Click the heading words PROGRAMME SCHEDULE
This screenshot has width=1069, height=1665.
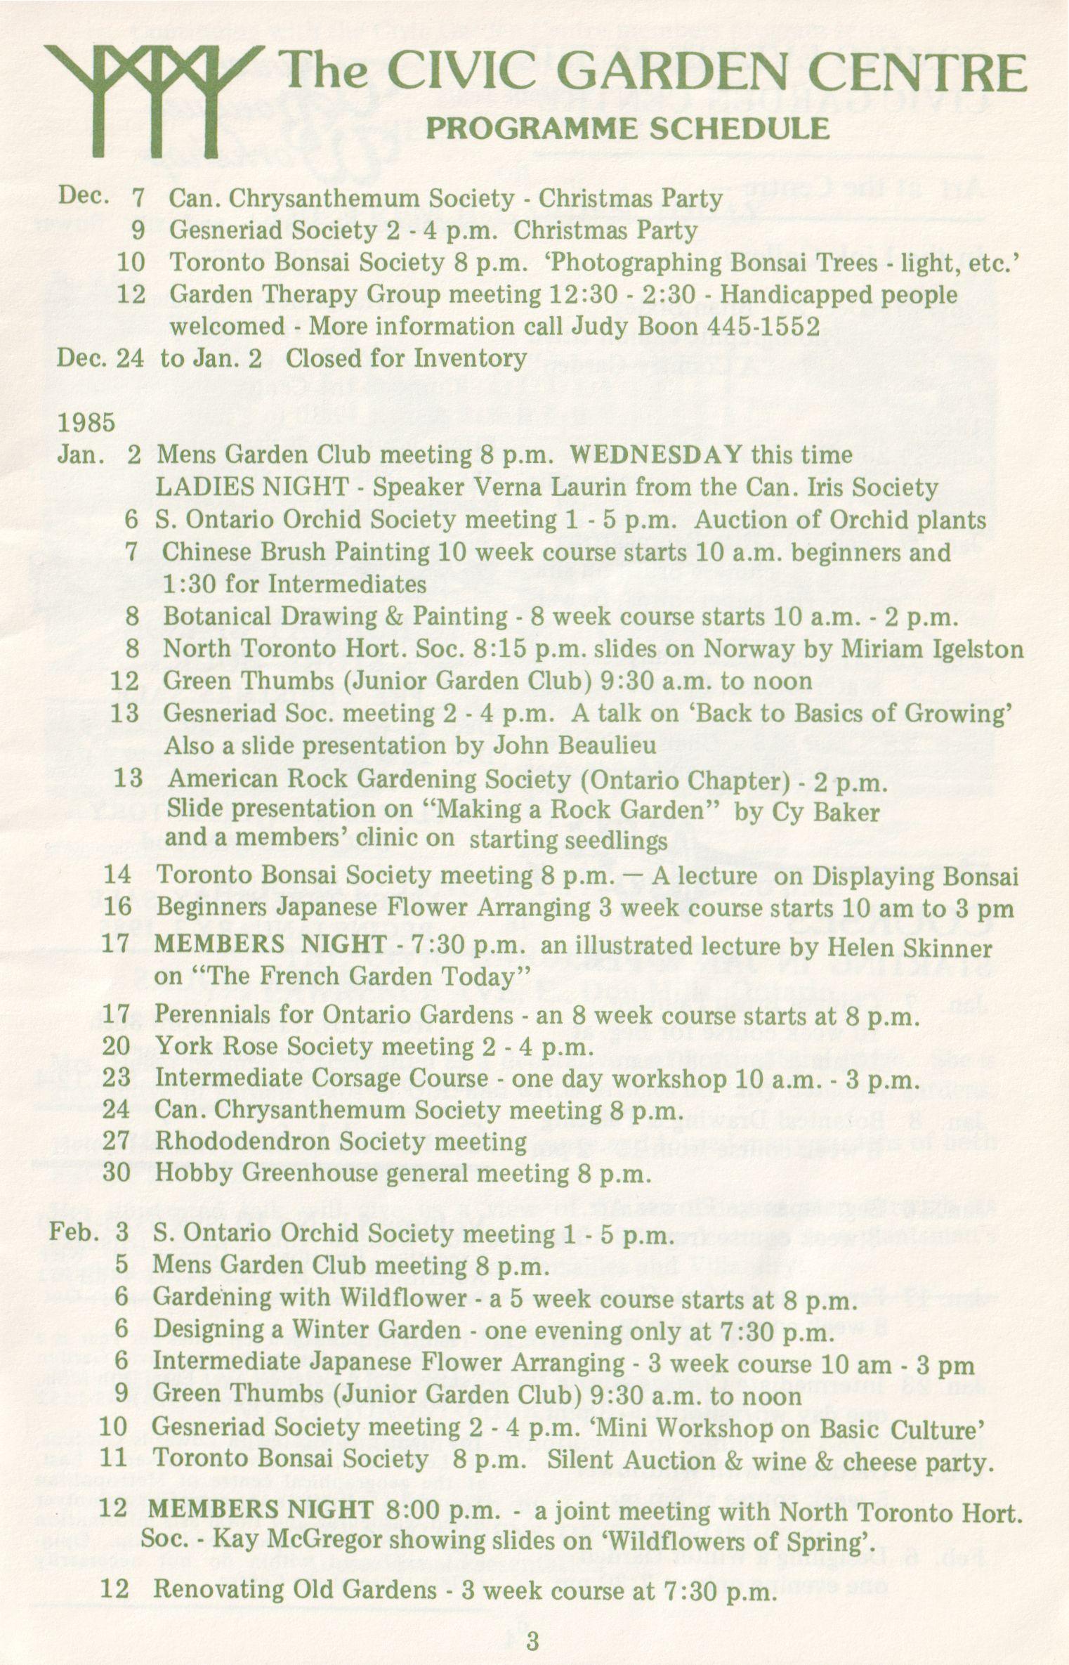point(628,129)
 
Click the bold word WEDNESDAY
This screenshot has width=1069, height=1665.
point(656,455)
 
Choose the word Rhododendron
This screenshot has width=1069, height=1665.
point(242,1142)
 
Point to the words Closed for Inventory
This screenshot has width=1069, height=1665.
point(405,359)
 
